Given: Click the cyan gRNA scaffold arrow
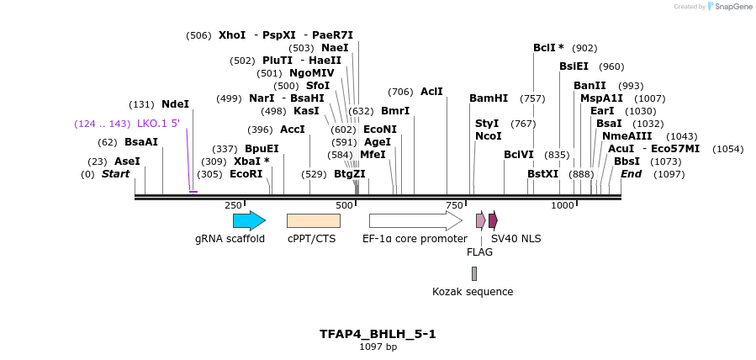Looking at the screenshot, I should click(x=249, y=221).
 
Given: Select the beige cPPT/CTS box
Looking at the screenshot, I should click(x=313, y=221).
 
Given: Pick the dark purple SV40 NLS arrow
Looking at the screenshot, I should click(x=493, y=221).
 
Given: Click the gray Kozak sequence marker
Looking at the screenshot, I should click(x=474, y=273).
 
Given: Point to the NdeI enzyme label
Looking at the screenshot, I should click(x=175, y=104).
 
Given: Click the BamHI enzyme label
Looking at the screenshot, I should click(x=489, y=98).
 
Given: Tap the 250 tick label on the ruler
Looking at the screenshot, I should click(x=233, y=206).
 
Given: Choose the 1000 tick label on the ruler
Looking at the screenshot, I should click(x=562, y=206).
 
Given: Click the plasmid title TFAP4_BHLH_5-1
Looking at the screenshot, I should click(x=378, y=334).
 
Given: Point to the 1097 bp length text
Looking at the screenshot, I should click(x=378, y=347).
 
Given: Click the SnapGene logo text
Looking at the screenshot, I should click(x=731, y=7).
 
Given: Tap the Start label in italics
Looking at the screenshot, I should click(x=116, y=174).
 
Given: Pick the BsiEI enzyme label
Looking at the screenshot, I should click(x=574, y=66).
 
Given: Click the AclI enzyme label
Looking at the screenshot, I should click(x=431, y=92).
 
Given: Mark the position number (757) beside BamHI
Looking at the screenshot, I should click(x=533, y=98).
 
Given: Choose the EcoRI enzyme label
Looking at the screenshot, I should click(x=246, y=174).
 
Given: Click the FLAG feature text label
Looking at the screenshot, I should click(x=479, y=251).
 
